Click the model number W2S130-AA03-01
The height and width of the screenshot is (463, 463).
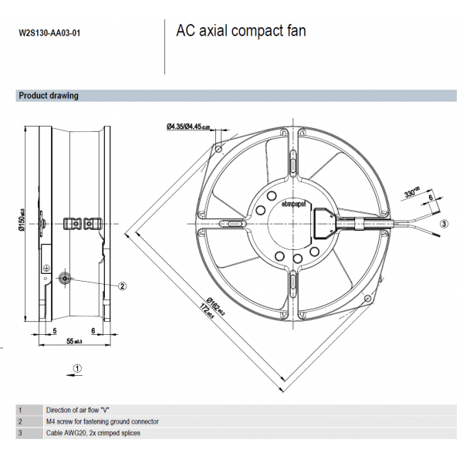pyautogui.click(x=49, y=34)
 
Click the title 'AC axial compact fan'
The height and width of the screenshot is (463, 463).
pyautogui.click(x=241, y=32)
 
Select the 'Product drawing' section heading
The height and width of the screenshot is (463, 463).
pyautogui.click(x=49, y=96)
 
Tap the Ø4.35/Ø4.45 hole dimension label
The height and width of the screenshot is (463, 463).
pyautogui.click(x=188, y=127)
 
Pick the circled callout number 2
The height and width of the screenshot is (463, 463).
pyautogui.click(x=122, y=286)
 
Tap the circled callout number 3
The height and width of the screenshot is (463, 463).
pyautogui.click(x=444, y=224)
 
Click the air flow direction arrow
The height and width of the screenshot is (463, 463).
pyautogui.click(x=75, y=369)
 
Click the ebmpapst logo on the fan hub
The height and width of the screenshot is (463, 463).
pyautogui.click(x=294, y=203)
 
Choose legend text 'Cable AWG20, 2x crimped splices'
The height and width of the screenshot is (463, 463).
pyautogui.click(x=93, y=433)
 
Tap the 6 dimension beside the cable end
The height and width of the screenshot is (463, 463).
pyautogui.click(x=430, y=198)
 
